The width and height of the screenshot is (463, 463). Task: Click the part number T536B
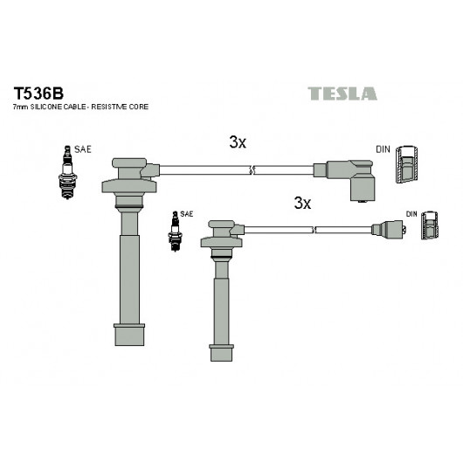[38, 93]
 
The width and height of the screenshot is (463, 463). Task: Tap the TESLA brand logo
[342, 93]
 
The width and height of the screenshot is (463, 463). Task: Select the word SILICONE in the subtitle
[46, 107]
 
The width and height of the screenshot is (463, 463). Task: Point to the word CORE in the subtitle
[139, 107]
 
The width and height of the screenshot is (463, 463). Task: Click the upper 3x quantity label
[238, 142]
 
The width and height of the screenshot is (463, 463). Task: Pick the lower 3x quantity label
[302, 204]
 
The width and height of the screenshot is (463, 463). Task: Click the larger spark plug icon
[67, 172]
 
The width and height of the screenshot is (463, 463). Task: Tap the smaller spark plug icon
[175, 231]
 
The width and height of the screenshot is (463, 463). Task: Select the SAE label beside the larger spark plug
[83, 149]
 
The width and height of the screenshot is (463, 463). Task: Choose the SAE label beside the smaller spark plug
[187, 214]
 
